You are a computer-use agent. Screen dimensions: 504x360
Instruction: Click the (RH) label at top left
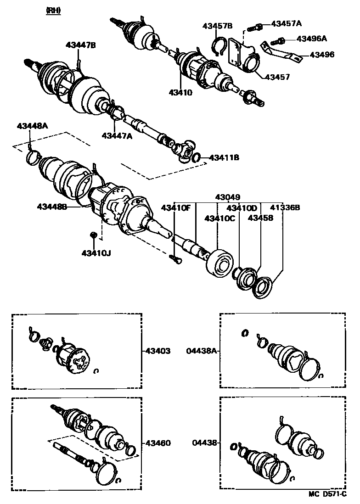click(x=53, y=10)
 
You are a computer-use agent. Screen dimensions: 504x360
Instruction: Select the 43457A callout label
click(x=287, y=23)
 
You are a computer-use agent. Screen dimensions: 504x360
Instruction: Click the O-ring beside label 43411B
click(x=196, y=158)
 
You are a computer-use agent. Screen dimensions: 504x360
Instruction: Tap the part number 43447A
click(x=117, y=135)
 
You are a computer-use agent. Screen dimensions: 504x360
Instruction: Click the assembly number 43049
click(x=228, y=197)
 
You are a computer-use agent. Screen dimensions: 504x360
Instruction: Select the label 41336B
click(x=285, y=207)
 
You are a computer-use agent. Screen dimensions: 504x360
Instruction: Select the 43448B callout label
click(x=52, y=207)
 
